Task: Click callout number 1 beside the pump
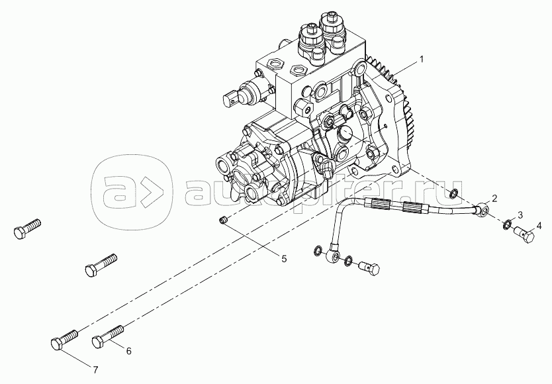tap(421, 60)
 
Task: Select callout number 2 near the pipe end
tap(494, 199)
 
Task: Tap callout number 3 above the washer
tap(520, 215)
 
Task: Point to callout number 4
tap(539, 224)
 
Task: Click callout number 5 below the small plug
tap(284, 259)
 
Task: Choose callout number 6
tap(128, 351)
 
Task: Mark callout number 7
tap(95, 369)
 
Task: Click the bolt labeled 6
tap(108, 336)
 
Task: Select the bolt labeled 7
tap(64, 339)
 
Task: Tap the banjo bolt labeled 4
tap(525, 235)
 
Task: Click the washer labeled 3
tap(507, 224)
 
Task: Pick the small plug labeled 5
tap(222, 221)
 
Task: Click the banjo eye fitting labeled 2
tap(483, 209)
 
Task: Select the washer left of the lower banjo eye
tap(317, 251)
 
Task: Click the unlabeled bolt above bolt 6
tap(101, 265)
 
